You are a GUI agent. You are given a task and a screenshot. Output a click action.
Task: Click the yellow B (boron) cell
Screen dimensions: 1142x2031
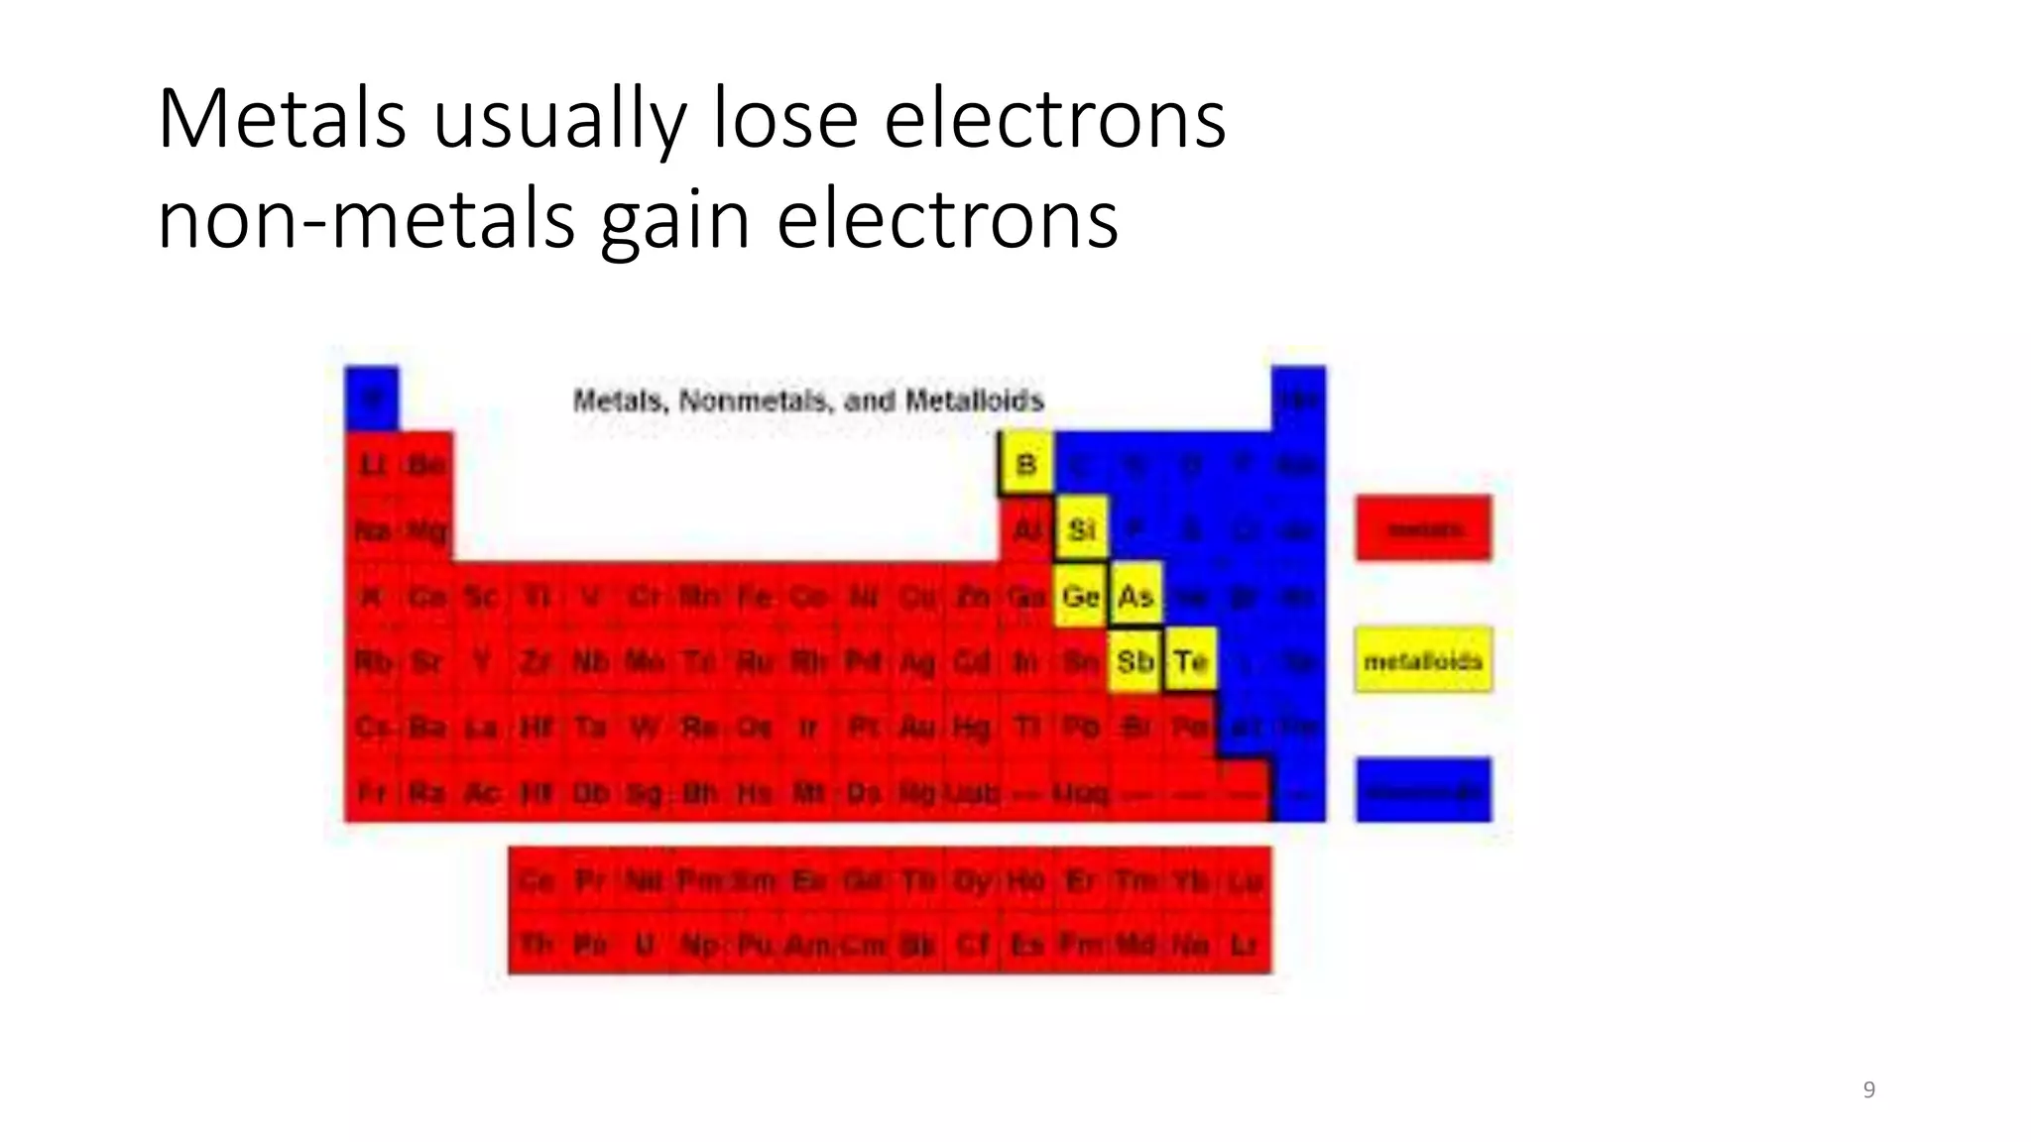[1026, 464]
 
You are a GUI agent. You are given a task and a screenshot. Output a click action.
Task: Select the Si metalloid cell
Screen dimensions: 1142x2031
[1081, 529]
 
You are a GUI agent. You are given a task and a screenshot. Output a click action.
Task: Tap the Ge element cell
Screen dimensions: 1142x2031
[1081, 596]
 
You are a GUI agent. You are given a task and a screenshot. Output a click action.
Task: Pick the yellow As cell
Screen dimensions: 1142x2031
[1135, 596]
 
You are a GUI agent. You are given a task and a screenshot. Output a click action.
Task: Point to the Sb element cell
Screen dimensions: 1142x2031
[1135, 660]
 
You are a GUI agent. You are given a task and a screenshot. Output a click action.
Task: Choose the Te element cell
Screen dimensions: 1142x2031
[1190, 660]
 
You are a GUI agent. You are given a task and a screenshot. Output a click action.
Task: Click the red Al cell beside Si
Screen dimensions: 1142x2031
[1026, 529]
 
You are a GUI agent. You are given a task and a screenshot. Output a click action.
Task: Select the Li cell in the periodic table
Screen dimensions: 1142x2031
[373, 464]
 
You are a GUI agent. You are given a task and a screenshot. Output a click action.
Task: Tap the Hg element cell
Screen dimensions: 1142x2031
[971, 728]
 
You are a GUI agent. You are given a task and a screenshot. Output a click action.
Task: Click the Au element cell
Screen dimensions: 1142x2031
[916, 728]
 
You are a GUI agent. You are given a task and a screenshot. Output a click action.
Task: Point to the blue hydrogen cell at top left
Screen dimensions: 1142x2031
[372, 399]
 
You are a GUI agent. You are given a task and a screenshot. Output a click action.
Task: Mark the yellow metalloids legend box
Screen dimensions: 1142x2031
[1423, 660]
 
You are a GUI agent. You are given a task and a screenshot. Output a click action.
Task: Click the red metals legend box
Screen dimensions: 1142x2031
[1423, 528]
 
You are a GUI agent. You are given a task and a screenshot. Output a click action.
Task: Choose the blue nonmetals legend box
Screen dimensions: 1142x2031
[1423, 790]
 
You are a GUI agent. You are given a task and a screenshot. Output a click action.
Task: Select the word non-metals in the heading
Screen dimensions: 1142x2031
[366, 220]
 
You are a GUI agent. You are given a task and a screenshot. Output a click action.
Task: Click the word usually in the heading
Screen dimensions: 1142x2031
[559, 121]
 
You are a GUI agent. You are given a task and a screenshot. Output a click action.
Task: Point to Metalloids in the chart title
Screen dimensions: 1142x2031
[975, 400]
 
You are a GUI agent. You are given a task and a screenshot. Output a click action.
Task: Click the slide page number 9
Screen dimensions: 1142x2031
[1869, 1089]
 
